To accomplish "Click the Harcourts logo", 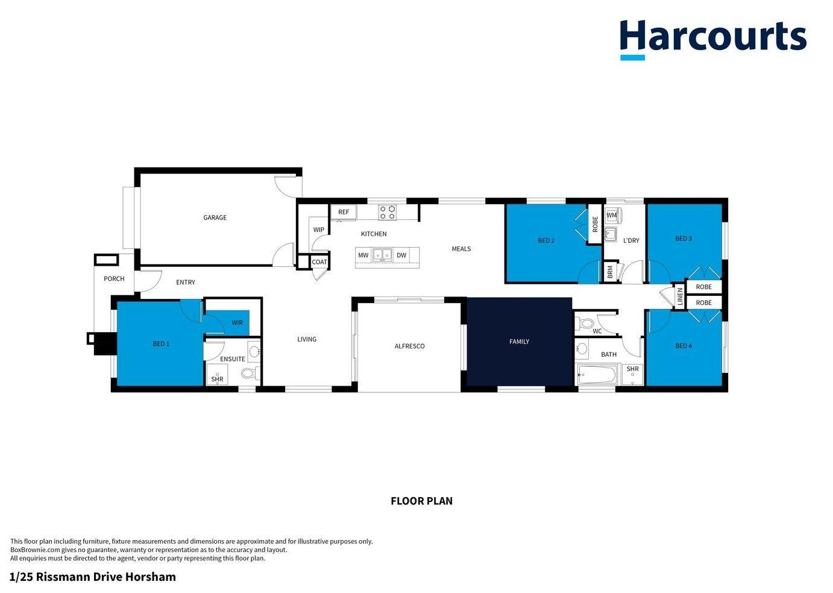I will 712,39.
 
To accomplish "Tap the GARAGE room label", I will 215,218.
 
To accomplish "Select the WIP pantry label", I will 318,230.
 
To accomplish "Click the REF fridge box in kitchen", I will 344,212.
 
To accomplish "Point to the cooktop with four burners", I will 388,212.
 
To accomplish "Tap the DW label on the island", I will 401,256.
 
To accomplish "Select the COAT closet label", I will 319,262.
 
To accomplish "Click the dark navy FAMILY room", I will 519,342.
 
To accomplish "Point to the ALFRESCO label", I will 409,347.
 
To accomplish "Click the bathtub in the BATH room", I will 597,375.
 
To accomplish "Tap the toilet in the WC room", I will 585,324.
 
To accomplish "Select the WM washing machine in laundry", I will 612,215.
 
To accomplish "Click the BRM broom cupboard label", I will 610,272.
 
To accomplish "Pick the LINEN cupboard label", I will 680,296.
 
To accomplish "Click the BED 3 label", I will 684,239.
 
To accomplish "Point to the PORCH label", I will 114,278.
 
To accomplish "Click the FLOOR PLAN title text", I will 421,501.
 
